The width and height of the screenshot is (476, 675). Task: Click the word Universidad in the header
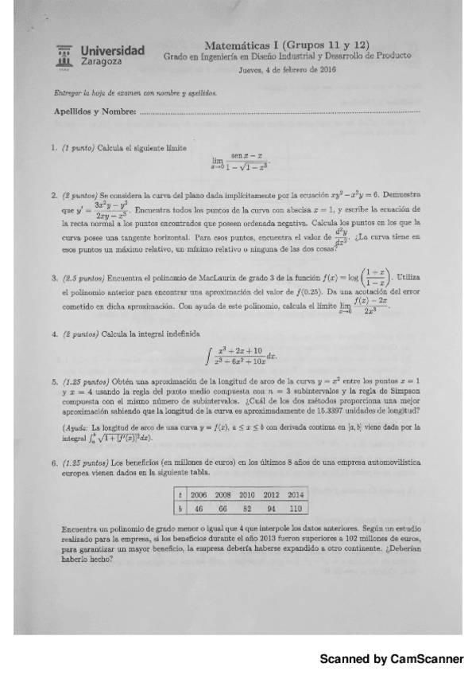pyautogui.click(x=113, y=50)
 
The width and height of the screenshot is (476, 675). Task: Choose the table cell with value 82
pyautogui.click(x=249, y=507)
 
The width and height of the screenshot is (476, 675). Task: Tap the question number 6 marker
pyautogui.click(x=53, y=462)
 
